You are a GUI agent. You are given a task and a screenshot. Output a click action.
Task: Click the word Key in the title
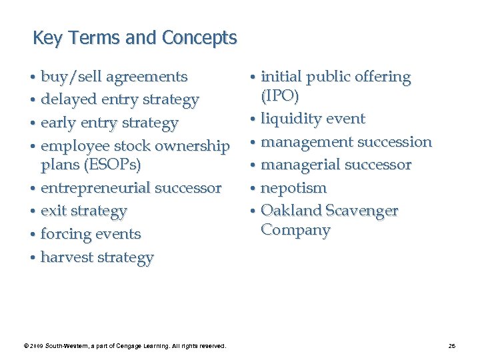click(46, 38)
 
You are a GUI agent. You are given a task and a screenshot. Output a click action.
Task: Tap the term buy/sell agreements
click(114, 77)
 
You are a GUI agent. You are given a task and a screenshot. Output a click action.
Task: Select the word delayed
click(69, 100)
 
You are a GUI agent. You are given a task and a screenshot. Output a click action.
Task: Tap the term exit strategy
click(83, 211)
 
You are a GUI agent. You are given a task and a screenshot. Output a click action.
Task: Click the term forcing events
click(91, 234)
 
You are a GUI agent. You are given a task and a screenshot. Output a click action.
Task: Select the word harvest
click(67, 257)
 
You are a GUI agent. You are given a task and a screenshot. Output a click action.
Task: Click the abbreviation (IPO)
click(280, 95)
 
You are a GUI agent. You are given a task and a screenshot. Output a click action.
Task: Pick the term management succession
click(346, 142)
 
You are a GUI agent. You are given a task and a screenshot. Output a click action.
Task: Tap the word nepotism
click(293, 188)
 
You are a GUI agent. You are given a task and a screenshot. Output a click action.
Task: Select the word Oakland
click(290, 211)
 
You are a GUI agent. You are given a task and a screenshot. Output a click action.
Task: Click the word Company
click(295, 230)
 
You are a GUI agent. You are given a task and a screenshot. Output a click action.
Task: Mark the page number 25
click(452, 345)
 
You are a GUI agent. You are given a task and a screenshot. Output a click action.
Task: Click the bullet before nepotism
click(254, 189)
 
